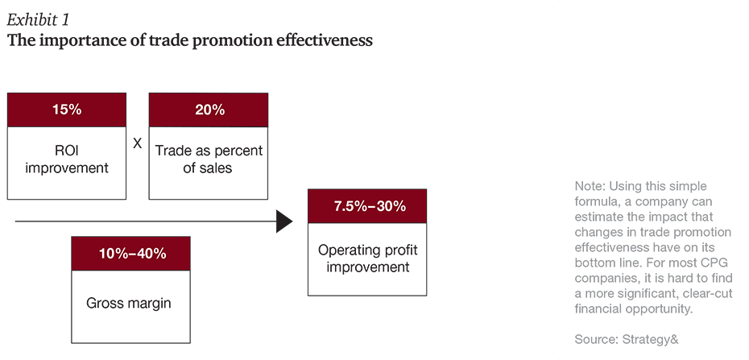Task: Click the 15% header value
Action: [x=66, y=110]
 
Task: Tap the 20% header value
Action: [x=209, y=110]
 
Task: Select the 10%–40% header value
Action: [x=131, y=253]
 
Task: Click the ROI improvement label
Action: [x=66, y=159]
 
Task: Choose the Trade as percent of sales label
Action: [x=209, y=159]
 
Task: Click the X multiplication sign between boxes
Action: [x=137, y=143]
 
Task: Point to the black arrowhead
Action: [x=284, y=221]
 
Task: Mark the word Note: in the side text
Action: [x=590, y=185]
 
